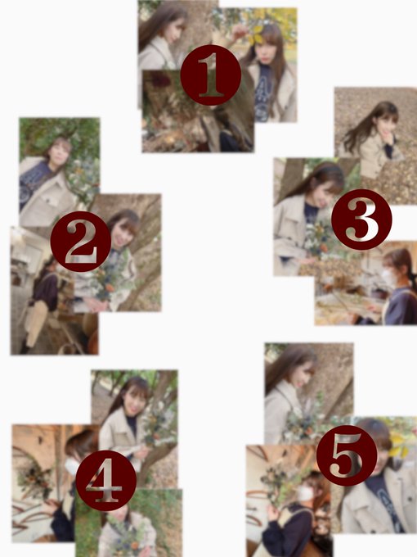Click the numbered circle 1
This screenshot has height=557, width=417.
211,75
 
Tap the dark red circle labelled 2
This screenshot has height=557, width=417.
81,242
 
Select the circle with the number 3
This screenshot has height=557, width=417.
361,220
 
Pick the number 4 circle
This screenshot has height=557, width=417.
105,480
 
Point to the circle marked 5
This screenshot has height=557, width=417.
347,455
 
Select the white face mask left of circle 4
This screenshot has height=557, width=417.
72,466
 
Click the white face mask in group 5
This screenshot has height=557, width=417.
305,493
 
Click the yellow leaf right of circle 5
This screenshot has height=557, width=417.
398,445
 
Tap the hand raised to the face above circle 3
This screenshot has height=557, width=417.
390,137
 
